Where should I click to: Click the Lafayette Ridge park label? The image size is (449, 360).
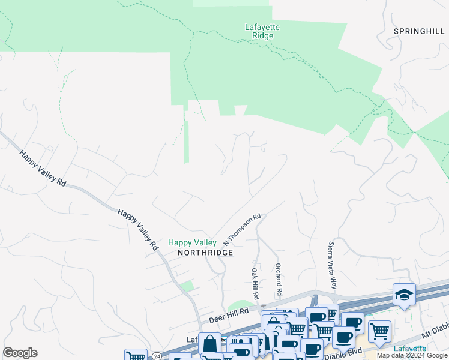tap(262, 31)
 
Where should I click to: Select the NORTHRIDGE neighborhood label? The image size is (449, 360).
tap(205, 253)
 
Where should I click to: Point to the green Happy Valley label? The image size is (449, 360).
tap(192, 242)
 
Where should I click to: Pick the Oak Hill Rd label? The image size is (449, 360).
tap(255, 284)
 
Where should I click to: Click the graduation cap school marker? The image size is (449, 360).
tap(404, 295)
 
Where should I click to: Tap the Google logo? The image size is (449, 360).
tap(20, 353)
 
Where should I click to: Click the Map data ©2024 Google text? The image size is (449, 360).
tap(412, 355)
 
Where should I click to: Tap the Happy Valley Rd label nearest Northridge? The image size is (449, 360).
tap(137, 229)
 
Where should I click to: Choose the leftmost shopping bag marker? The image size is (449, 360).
tap(209, 344)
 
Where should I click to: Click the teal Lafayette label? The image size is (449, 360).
tap(410, 349)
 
